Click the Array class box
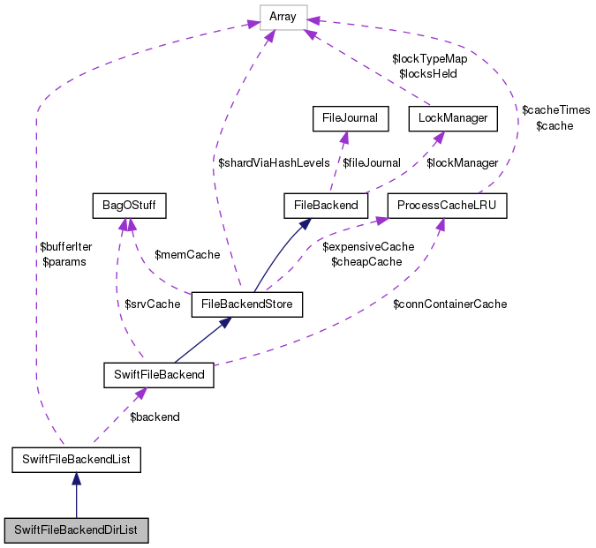click(283, 16)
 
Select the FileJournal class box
click(350, 116)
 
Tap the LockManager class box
click(448, 116)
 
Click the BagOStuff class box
click(129, 206)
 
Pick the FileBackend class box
click(326, 206)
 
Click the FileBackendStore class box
click(247, 305)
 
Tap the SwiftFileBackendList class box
click(77, 459)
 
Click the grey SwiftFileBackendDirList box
click(76, 531)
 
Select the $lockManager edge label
click(463, 162)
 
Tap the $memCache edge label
click(187, 254)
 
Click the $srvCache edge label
click(152, 304)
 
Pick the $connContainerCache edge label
click(449, 304)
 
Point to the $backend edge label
click(155, 417)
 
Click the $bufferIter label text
click(64, 248)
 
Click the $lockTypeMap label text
click(430, 58)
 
